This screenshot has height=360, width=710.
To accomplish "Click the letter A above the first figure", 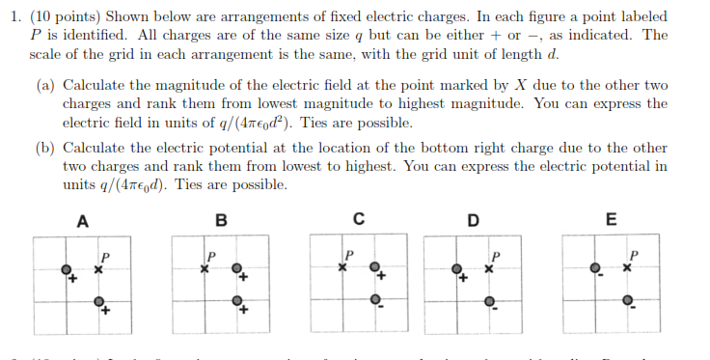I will [83, 220].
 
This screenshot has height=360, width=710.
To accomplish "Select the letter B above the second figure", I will [222, 220].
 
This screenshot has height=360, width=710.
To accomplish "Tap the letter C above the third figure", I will [359, 219].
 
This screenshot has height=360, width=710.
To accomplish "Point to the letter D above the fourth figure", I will [473, 220].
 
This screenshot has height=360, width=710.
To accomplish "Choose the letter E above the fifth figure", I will [611, 219].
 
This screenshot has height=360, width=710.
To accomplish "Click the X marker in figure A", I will [99, 268].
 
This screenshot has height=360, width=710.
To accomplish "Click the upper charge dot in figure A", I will [66, 268].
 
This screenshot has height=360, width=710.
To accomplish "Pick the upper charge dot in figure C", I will [376, 267].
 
